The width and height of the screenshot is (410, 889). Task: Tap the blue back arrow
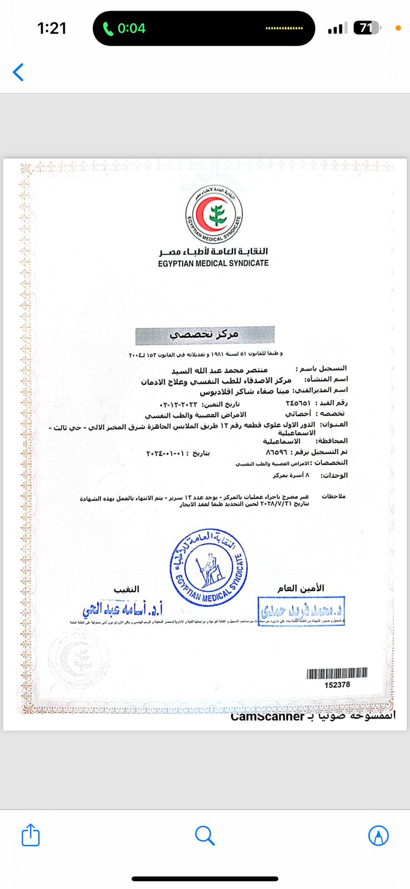point(18,72)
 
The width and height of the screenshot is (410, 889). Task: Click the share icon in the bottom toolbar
point(31,835)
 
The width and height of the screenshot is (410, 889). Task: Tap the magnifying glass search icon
point(205,836)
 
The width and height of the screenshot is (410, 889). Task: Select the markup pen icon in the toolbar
point(378,836)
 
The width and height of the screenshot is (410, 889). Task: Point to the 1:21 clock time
point(52,28)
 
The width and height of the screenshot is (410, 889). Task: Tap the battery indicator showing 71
point(367,28)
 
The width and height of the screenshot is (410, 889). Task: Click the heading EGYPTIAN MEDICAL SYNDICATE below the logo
point(213,263)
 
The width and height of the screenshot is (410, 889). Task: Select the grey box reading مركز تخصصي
point(204,334)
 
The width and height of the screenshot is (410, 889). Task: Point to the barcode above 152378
point(337,673)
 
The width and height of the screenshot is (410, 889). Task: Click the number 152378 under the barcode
point(337,685)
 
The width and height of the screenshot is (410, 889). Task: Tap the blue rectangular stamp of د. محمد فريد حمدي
point(301,611)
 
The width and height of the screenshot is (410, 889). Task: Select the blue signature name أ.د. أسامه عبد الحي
point(123,610)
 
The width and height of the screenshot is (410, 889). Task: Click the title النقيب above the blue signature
point(127,589)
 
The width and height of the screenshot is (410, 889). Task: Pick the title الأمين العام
point(301,588)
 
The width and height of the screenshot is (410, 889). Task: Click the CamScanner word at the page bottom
point(267,717)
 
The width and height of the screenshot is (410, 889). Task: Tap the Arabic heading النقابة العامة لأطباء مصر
point(213,252)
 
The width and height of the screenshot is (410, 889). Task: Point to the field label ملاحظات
point(333,496)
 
